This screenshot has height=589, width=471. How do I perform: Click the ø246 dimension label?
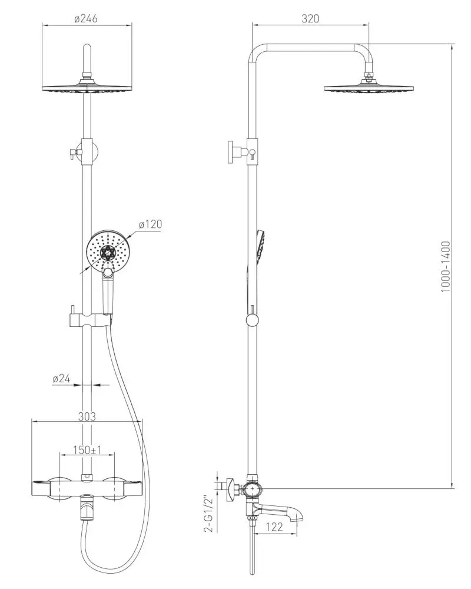click(86, 18)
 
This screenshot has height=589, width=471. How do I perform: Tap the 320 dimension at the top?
click(310, 18)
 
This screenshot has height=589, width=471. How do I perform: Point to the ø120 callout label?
click(150, 224)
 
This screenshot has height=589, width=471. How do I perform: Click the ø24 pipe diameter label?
click(61, 379)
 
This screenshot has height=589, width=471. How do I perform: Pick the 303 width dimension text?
click(87, 416)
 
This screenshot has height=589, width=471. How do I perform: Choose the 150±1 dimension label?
click(87, 451)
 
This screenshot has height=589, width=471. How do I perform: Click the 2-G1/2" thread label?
click(207, 514)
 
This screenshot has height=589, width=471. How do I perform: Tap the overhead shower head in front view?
click(87, 88)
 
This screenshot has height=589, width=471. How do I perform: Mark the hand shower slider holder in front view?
click(88, 320)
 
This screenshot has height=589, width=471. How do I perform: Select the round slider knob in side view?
click(252, 320)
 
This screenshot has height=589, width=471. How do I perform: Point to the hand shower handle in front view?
click(108, 294)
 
